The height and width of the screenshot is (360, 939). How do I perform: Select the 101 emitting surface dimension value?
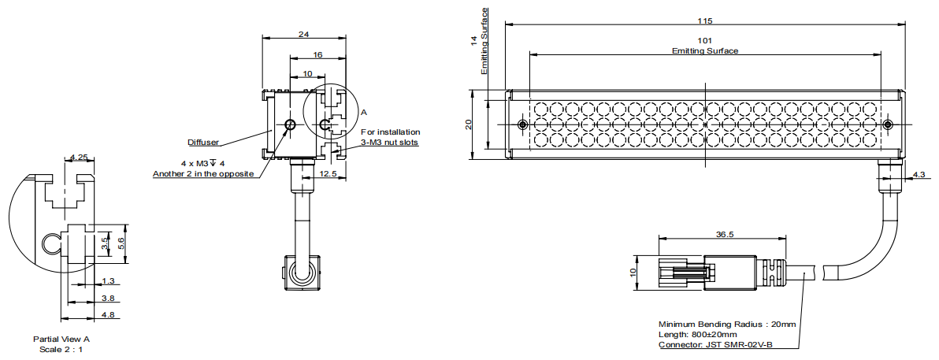pos(704,40)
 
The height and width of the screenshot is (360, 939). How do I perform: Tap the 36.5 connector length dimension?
pos(725,234)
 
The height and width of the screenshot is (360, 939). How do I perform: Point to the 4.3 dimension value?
pos(919,174)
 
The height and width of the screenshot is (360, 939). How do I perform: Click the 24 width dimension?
pos(304,34)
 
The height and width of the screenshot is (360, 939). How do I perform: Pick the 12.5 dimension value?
pos(328,173)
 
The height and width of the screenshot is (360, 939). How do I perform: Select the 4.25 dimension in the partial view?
pos(79,158)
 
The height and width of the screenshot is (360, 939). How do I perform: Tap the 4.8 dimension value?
pos(108,315)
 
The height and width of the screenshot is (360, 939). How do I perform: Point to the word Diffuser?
pos(203,143)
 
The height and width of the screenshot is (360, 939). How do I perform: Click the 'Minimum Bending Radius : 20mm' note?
pos(727,324)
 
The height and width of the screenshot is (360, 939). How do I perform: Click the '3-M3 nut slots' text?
pos(390,143)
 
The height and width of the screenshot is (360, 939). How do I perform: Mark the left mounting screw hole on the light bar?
pos(522,125)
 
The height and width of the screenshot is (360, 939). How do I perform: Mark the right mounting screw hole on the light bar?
pos(888,125)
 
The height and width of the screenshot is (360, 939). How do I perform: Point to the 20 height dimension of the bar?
pos(469,124)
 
